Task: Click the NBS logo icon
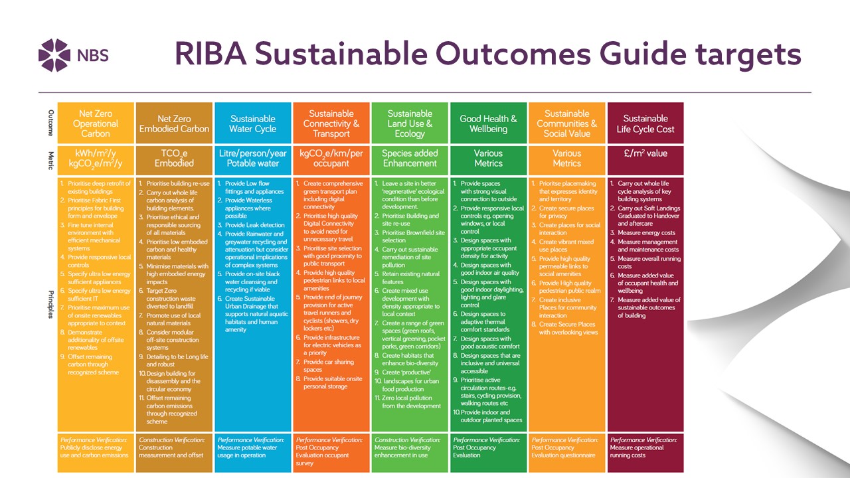point(54,54)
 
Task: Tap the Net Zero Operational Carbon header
point(95,123)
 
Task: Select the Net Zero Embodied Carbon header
point(174,123)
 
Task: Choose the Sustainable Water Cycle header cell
point(252,123)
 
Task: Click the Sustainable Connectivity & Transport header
point(331,123)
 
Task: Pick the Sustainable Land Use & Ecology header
point(409,123)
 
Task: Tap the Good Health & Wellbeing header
point(488,123)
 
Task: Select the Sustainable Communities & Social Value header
point(566,123)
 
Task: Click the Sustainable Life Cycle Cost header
point(645,123)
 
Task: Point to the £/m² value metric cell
point(645,153)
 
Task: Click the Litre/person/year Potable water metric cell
point(252,158)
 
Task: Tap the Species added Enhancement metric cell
point(409,158)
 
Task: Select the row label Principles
point(50,304)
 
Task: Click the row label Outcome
point(50,123)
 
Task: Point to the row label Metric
point(50,158)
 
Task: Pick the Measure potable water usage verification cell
point(252,447)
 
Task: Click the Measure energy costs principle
point(647,232)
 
